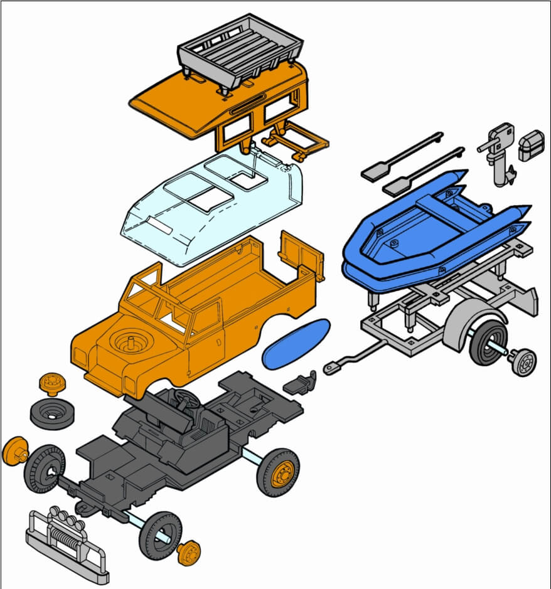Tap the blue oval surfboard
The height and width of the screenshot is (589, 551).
[296, 344]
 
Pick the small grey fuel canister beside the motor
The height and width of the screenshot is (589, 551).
[532, 146]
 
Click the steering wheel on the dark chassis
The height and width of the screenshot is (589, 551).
[183, 397]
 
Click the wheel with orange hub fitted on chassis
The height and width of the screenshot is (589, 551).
[278, 472]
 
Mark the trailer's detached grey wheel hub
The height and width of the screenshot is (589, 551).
[522, 362]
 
